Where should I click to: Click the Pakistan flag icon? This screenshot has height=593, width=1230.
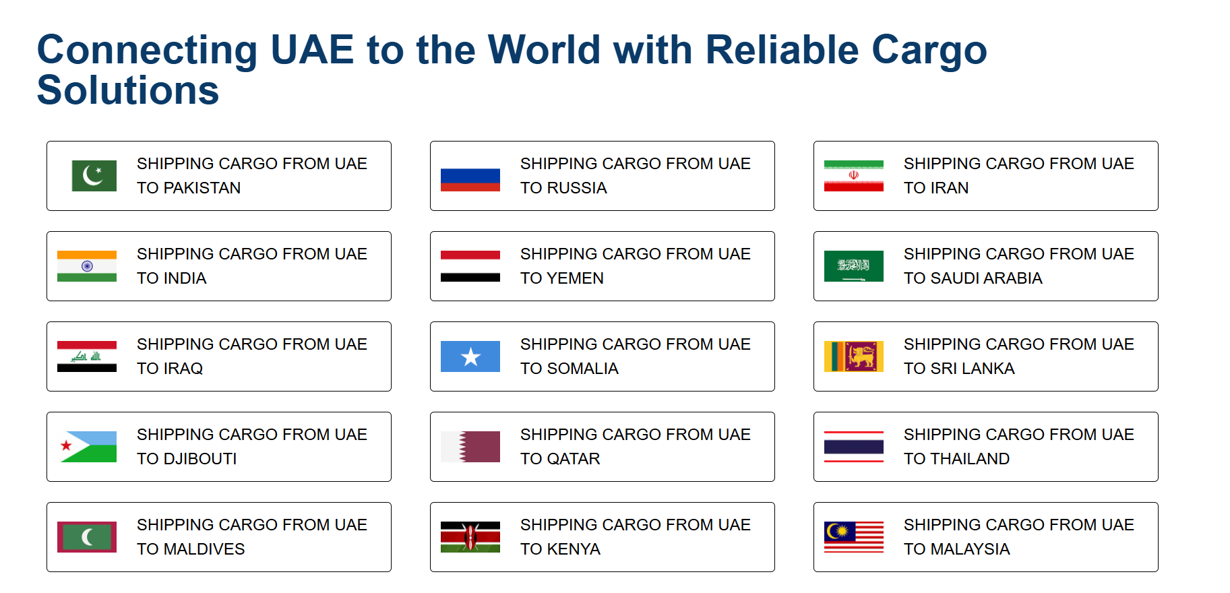[94, 176]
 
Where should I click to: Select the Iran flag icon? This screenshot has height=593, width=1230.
[854, 176]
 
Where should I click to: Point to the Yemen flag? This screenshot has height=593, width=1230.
[470, 266]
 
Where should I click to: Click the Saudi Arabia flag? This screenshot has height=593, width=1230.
[854, 266]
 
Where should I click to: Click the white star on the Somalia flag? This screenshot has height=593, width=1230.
[470, 356]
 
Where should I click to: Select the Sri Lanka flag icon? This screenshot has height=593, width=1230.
[854, 356]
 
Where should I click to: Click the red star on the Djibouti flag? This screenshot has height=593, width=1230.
[66, 445]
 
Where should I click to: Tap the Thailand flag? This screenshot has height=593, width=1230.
[854, 447]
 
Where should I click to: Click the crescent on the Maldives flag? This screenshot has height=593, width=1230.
[87, 537]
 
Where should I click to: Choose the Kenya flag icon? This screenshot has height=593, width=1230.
[470, 537]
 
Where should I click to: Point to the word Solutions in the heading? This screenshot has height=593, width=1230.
[128, 90]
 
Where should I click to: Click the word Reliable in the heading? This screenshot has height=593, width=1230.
[782, 50]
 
